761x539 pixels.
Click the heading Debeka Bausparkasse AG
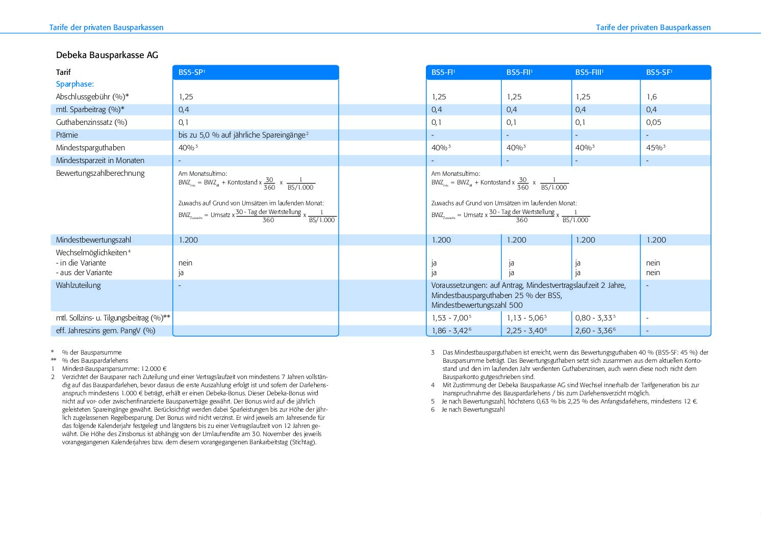107,55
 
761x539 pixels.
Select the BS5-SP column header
191,72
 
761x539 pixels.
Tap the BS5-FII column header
519,72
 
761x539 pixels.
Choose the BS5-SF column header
658,72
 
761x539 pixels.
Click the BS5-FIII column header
589,72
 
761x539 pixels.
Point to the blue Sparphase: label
75,84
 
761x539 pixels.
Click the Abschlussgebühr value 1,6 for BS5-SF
651,97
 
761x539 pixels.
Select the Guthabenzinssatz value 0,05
654,122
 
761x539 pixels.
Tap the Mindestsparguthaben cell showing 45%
655,148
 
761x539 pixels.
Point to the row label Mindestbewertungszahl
93,240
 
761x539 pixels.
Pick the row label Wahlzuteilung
78,285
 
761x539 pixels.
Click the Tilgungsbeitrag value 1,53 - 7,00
450,318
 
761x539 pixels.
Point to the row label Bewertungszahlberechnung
100,173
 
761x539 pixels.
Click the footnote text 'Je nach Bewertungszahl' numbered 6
473,410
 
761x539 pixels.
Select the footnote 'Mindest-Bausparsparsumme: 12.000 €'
114,369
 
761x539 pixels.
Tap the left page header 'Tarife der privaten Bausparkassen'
106,28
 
